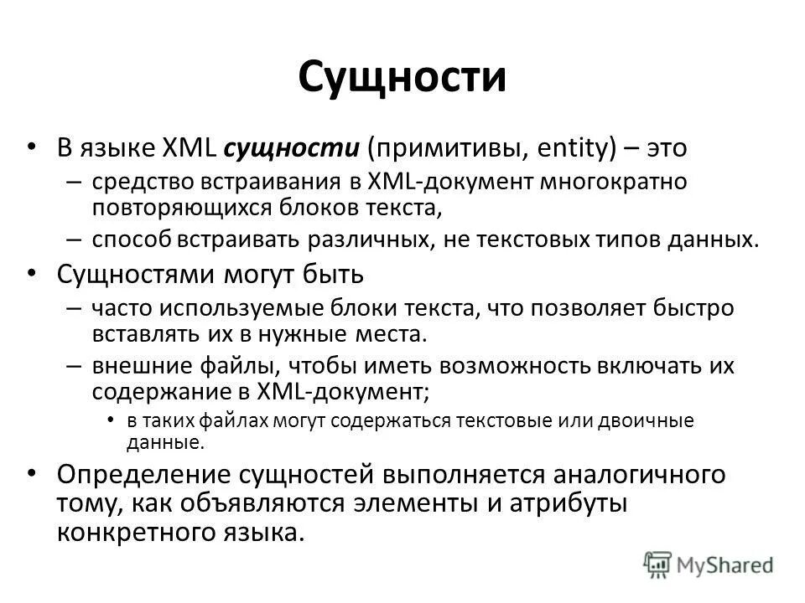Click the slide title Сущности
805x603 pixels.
click(x=402, y=78)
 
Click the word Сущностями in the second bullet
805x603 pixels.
click(x=138, y=274)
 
